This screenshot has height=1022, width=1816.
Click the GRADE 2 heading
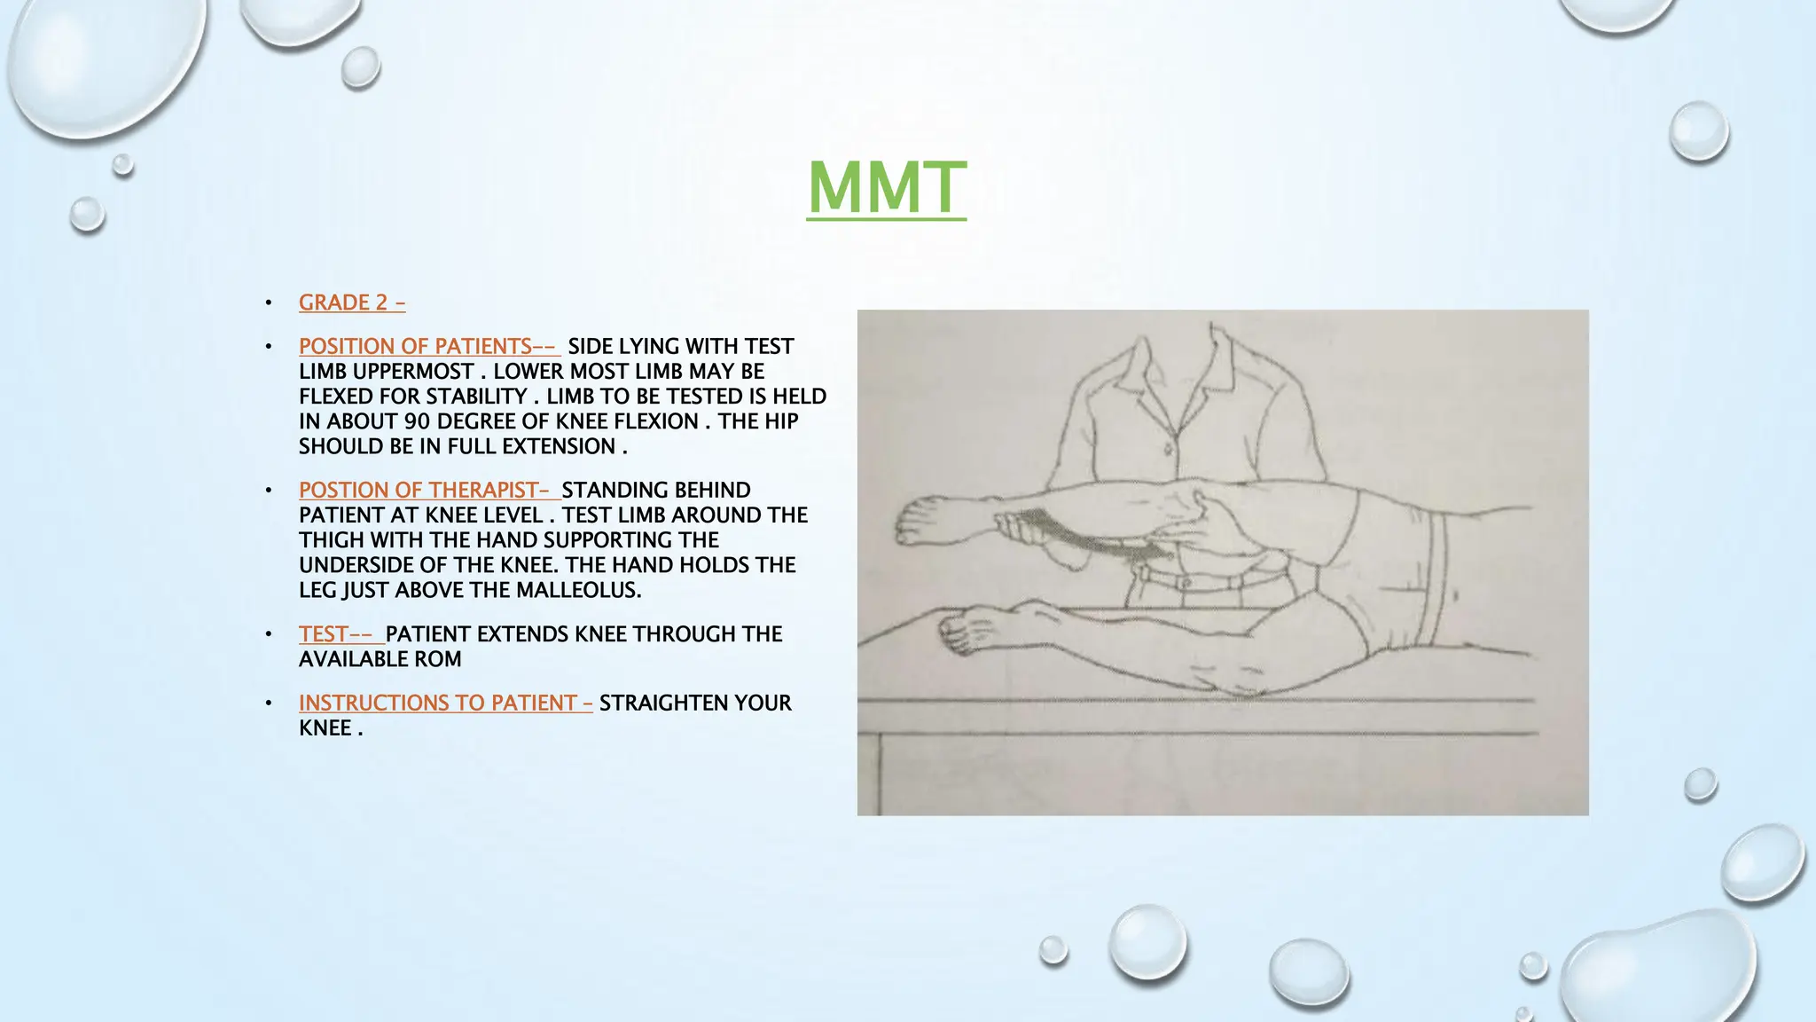(352, 303)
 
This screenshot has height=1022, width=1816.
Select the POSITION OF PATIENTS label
(428, 346)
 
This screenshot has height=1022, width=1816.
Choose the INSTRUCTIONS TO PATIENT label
(445, 703)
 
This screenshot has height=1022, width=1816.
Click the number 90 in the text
(417, 421)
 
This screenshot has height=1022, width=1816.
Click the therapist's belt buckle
(1183, 583)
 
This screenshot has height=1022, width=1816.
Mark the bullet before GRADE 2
(269, 303)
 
